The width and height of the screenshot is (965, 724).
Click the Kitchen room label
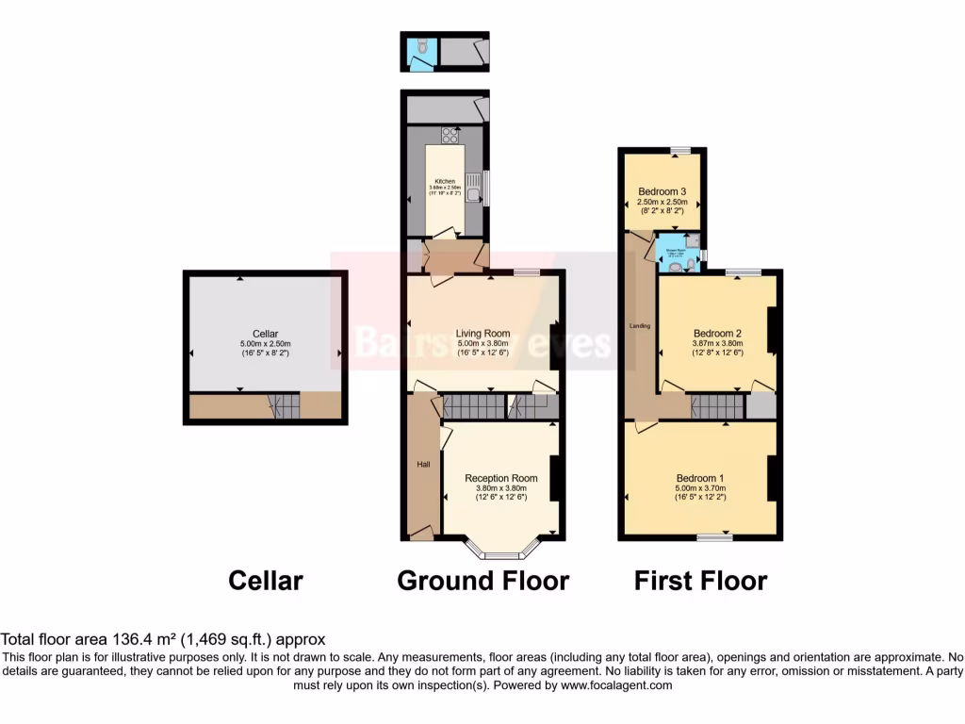[445, 181]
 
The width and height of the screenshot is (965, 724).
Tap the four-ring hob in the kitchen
[450, 135]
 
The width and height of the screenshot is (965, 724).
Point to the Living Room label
[482, 333]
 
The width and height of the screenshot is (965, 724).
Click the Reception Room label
[501, 478]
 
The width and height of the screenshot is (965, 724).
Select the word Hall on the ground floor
[424, 465]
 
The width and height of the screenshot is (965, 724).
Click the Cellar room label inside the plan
[266, 334]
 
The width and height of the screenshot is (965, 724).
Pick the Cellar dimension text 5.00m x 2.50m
[266, 344]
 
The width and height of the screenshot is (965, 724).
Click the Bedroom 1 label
[700, 477]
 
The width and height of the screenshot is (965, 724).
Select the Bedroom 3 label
[661, 191]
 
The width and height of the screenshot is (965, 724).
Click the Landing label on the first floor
[640, 326]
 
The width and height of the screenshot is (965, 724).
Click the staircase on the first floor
[717, 406]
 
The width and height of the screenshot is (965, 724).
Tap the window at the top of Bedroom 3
[680, 150]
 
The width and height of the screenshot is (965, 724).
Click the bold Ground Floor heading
[482, 580]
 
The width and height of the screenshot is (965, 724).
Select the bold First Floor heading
[700, 580]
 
